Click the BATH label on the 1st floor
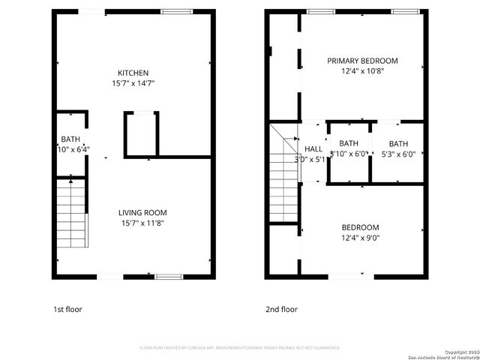(70, 139)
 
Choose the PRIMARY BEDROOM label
(362, 61)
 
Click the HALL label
(313, 148)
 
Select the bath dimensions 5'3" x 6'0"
(398, 154)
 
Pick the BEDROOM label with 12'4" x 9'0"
(361, 227)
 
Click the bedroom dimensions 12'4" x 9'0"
(361, 238)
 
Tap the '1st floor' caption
(67, 309)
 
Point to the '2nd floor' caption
(281, 309)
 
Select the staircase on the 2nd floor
(285, 180)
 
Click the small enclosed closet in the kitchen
(140, 135)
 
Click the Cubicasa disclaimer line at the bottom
(240, 348)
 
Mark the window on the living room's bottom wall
(169, 277)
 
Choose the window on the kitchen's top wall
(176, 11)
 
